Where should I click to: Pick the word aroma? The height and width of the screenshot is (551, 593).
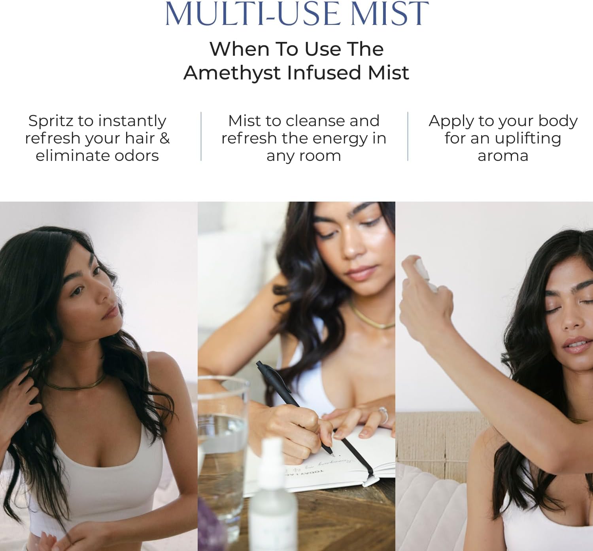pyautogui.click(x=503, y=156)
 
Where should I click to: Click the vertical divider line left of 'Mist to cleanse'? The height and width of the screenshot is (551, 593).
pyautogui.click(x=201, y=136)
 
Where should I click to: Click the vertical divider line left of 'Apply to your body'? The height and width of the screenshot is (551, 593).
pyautogui.click(x=408, y=136)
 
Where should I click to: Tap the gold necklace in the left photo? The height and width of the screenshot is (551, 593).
pyautogui.click(x=75, y=384)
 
